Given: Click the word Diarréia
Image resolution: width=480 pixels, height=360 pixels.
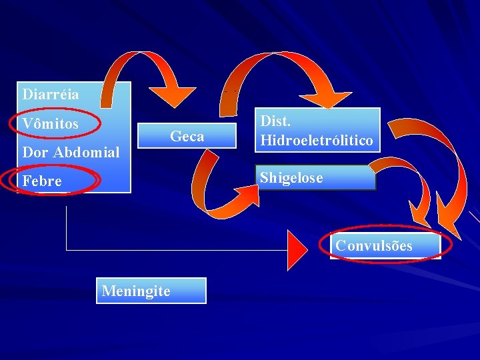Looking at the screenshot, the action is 50,94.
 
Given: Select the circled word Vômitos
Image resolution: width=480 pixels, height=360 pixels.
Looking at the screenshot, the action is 50,124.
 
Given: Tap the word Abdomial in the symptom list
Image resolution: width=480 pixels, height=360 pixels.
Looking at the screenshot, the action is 86,152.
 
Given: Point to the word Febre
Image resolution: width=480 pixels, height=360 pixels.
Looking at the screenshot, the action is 41,181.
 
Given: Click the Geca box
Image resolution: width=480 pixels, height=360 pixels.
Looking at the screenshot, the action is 187,137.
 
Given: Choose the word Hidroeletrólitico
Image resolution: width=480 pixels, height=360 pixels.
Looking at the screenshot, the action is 317,141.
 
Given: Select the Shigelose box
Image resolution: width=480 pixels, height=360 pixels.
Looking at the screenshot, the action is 315,178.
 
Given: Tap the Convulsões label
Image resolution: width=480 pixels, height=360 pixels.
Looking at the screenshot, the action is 374,245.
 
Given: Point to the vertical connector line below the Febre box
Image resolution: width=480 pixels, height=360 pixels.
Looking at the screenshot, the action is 67,227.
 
